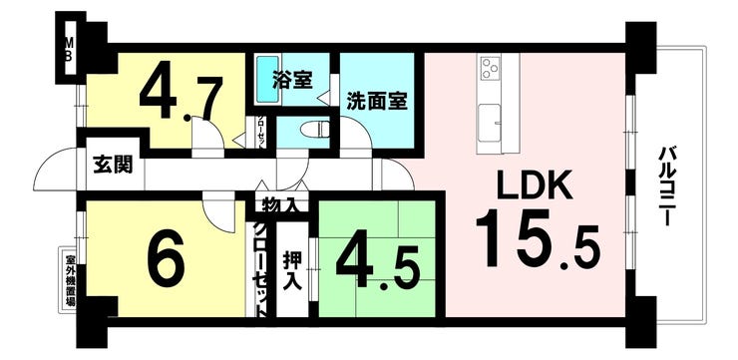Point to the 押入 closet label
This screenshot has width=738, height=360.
click(291, 268)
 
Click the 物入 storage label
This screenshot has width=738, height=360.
click(279, 206)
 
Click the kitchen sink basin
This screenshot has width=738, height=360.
click(491, 125)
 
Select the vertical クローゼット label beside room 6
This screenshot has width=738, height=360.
click(257, 263)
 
